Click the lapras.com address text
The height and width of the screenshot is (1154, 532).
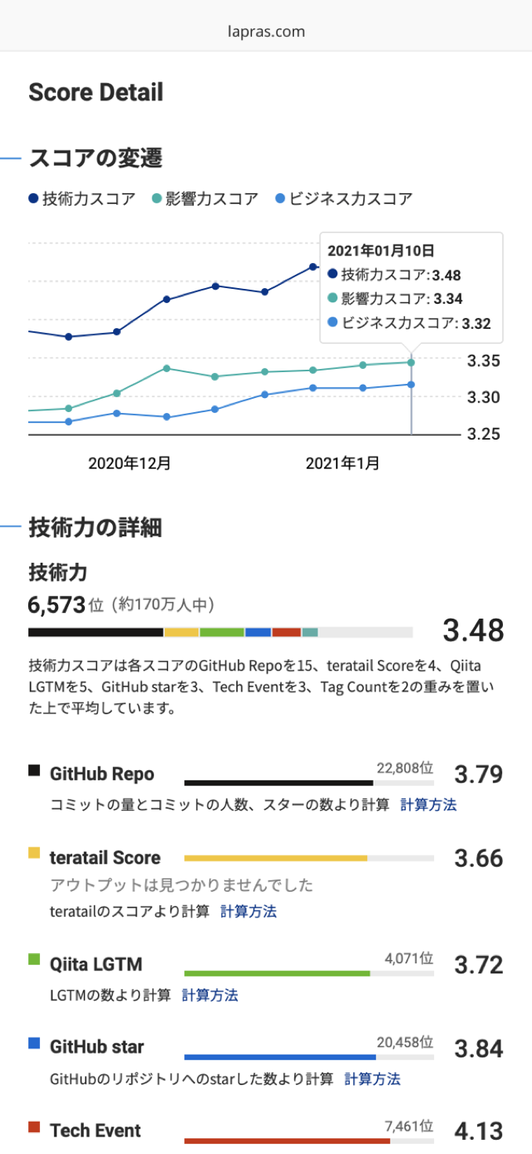click(x=265, y=31)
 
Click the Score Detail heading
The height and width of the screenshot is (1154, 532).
click(x=96, y=93)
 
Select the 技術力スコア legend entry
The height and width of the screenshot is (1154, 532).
click(x=82, y=199)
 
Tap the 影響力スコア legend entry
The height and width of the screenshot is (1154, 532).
click(x=206, y=199)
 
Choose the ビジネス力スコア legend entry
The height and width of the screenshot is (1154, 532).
click(x=344, y=199)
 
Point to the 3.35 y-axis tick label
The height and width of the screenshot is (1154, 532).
click(x=484, y=361)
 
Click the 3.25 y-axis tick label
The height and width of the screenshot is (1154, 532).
click(x=484, y=433)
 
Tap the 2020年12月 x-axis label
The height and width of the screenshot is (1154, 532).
click(x=129, y=463)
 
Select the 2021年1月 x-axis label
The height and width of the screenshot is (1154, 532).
click(x=343, y=463)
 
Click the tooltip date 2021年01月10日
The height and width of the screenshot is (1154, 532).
click(x=381, y=250)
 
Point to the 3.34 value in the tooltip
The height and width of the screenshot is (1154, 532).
click(x=470, y=298)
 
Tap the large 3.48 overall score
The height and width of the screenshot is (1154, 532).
click(x=472, y=630)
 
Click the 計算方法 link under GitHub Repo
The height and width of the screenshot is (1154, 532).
click(x=428, y=805)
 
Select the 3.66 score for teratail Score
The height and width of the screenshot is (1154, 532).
click(x=479, y=858)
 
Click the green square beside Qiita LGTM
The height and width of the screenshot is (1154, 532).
click(x=34, y=959)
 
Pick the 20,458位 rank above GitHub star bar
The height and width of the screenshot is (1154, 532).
click(x=405, y=1042)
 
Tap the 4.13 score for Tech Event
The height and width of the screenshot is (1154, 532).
click(x=479, y=1130)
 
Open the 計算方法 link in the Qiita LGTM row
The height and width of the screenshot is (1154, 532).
click(x=210, y=995)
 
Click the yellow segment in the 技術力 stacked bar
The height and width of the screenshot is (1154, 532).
click(x=181, y=632)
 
